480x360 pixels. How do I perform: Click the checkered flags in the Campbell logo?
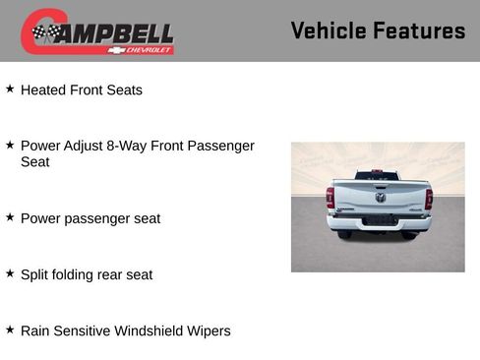(x=45, y=32)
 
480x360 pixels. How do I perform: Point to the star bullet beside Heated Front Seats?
(x=10, y=90)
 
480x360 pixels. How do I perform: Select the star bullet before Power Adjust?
(x=10, y=146)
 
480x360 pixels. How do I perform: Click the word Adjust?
(x=87, y=146)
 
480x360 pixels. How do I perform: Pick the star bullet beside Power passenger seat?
(x=10, y=217)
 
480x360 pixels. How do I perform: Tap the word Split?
(x=35, y=274)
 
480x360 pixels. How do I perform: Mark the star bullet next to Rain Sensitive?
(x=10, y=330)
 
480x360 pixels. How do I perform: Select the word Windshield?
(x=150, y=330)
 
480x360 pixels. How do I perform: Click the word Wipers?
(x=209, y=330)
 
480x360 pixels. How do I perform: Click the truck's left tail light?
(x=330, y=198)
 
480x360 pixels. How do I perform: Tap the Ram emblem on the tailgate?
(x=380, y=197)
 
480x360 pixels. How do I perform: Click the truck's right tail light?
(x=428, y=198)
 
